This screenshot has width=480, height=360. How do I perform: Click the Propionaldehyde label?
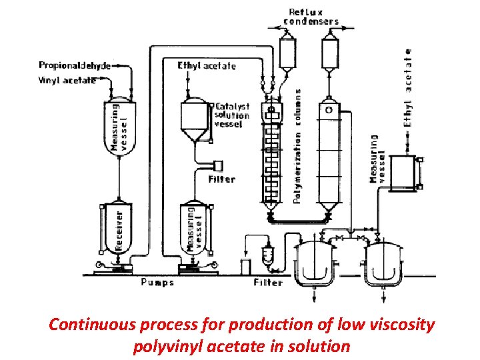[74, 65]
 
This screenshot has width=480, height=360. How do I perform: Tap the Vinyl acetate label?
[67, 80]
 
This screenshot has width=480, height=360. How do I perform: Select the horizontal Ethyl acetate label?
[206, 65]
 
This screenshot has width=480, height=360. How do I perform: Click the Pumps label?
[157, 282]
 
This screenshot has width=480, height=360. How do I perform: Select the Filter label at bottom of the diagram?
[268, 282]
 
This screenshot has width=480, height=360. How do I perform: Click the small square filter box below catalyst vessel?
[217, 165]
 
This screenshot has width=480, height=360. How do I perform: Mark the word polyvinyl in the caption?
[167, 346]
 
